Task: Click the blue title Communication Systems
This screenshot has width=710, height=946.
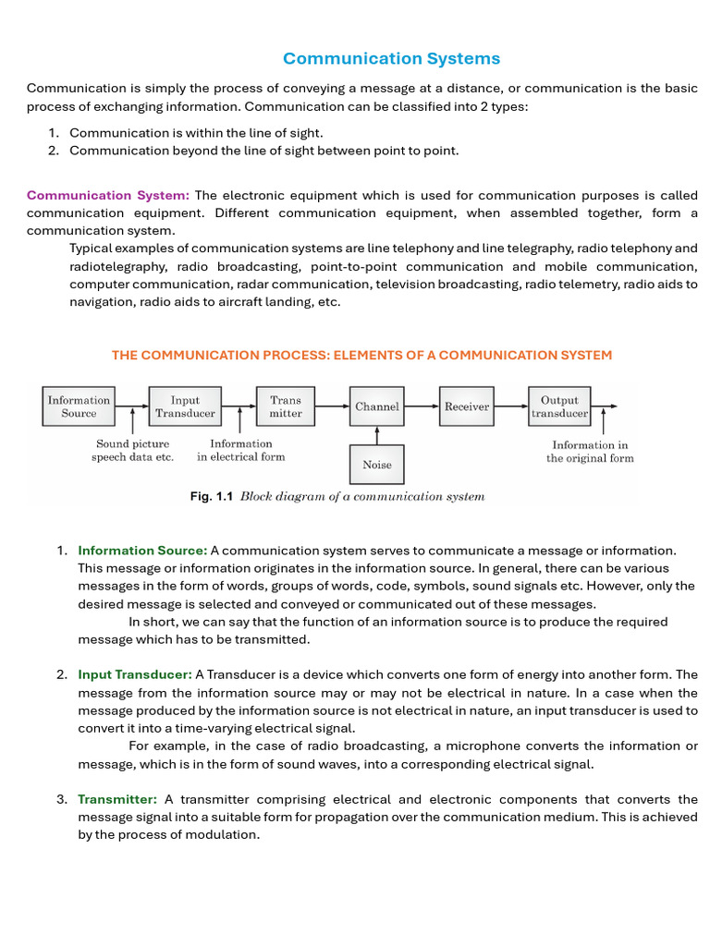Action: pyautogui.click(x=391, y=59)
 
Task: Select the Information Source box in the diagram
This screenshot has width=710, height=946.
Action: pyautogui.click(x=79, y=406)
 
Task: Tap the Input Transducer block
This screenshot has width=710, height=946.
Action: pyautogui.click(x=185, y=406)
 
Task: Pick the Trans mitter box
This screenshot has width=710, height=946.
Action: pyautogui.click(x=286, y=406)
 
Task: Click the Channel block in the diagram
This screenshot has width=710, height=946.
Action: pyautogui.click(x=377, y=406)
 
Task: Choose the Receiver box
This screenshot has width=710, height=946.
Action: pyautogui.click(x=467, y=406)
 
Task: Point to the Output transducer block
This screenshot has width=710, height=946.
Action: pyautogui.click(x=559, y=406)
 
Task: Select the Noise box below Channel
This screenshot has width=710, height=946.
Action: pyautogui.click(x=377, y=465)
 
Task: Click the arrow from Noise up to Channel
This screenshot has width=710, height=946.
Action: pyautogui.click(x=377, y=435)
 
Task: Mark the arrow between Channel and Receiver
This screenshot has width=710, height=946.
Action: pyautogui.click(x=422, y=406)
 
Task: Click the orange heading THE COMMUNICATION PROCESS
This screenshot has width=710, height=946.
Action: pyautogui.click(x=361, y=356)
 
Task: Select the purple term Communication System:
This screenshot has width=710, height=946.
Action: pyautogui.click(x=108, y=195)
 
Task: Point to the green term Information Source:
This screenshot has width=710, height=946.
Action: pyautogui.click(x=142, y=551)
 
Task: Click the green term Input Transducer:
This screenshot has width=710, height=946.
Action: pyautogui.click(x=135, y=674)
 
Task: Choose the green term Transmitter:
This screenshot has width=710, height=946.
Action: pyautogui.click(x=117, y=799)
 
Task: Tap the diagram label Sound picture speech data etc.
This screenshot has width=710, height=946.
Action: pyautogui.click(x=132, y=451)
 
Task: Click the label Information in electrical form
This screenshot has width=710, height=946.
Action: pyautogui.click(x=241, y=450)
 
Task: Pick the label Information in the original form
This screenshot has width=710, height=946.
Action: pyautogui.click(x=590, y=452)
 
